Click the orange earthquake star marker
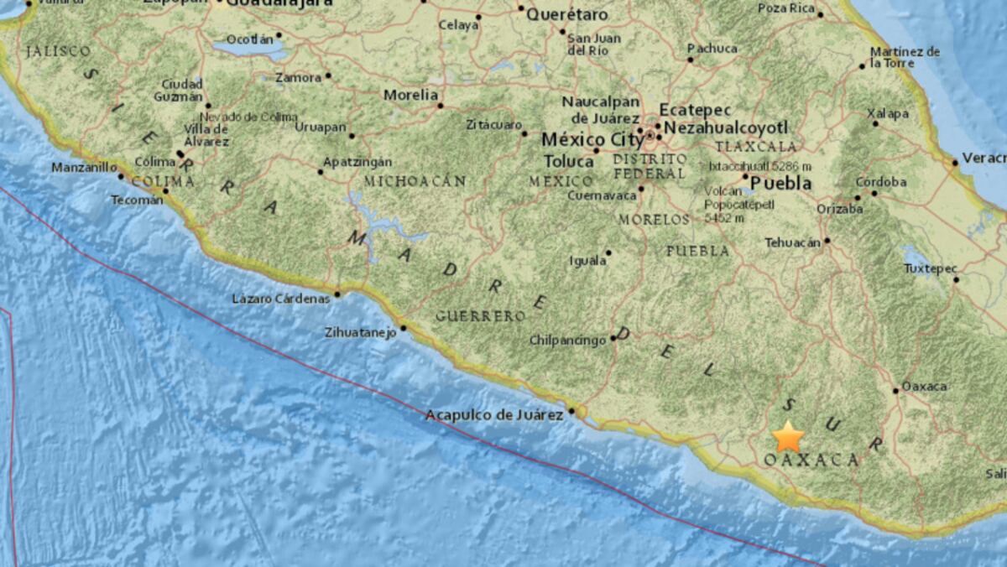pos(788,436)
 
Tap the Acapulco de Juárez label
pos(493,414)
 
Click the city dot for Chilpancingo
pos(613,339)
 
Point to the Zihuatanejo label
pos(359,333)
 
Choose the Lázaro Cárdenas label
pos(280,299)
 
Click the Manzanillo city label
pos(84,168)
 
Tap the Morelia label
pos(410,95)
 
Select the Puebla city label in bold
pos(780,183)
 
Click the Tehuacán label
pos(791,242)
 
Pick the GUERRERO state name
pos(480,316)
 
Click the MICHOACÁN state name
pos(415,181)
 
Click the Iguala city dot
pos(608,252)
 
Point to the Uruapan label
pos(320,127)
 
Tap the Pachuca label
pos(712,49)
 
